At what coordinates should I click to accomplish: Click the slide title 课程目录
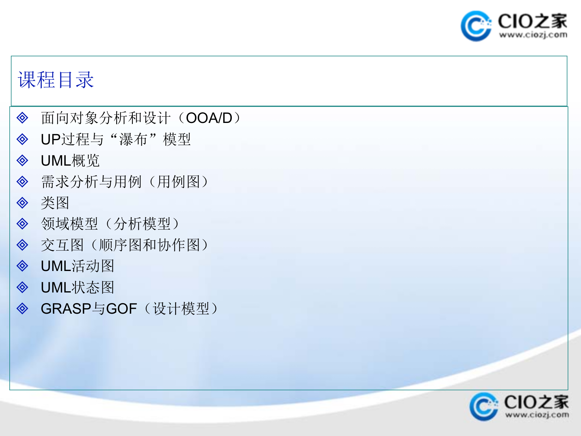click(x=56, y=80)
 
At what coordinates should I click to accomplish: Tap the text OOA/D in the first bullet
click(x=209, y=118)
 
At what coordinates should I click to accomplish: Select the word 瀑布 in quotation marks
click(x=133, y=140)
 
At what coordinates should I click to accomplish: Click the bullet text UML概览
click(x=70, y=161)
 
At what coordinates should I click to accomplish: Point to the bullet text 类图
click(x=55, y=203)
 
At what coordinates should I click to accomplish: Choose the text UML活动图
click(x=77, y=266)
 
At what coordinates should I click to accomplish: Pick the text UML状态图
click(x=77, y=287)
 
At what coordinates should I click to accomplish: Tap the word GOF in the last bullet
click(x=122, y=309)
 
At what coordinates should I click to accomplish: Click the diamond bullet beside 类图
click(x=22, y=203)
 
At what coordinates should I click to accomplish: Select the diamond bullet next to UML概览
click(x=22, y=160)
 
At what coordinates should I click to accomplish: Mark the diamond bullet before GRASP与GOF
click(x=22, y=309)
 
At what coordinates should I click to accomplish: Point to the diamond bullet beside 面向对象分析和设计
click(x=22, y=118)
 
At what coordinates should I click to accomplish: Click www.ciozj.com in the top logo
click(x=533, y=35)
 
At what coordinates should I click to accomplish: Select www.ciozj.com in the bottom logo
click(x=537, y=415)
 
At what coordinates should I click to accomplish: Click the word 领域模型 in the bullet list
click(x=70, y=224)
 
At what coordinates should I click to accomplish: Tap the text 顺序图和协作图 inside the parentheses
click(x=149, y=245)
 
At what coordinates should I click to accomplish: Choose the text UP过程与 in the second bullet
click(x=72, y=140)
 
